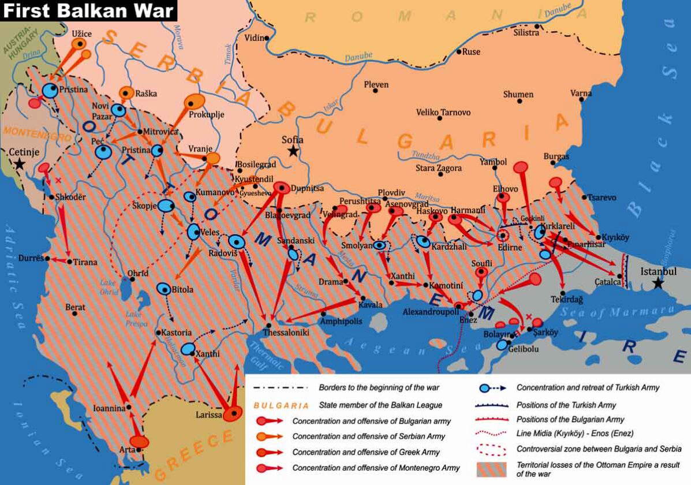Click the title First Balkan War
88,10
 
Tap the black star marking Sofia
294,151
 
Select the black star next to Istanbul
658,283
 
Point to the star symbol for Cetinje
20,164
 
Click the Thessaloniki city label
286,333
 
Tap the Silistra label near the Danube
526,33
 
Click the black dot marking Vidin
267,38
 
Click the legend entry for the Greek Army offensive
366,452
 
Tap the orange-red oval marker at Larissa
233,413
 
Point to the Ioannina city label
109,408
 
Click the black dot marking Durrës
47,258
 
